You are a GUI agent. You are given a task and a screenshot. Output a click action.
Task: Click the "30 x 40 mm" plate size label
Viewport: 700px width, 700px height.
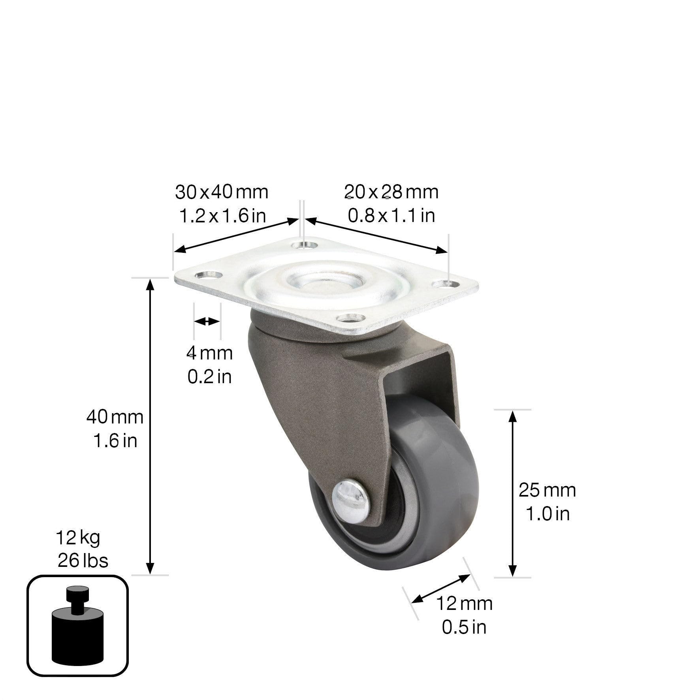click(222, 192)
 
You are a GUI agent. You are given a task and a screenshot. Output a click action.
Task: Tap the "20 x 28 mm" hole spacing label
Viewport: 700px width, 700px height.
click(391, 192)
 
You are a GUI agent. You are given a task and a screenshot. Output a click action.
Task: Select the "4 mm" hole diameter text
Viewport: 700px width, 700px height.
click(209, 353)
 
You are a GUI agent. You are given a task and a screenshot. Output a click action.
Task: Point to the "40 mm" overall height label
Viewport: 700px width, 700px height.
click(115, 417)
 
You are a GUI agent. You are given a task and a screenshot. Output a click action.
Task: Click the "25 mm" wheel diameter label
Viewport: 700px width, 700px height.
click(547, 490)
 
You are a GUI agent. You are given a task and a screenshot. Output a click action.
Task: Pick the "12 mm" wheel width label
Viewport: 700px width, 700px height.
click(464, 604)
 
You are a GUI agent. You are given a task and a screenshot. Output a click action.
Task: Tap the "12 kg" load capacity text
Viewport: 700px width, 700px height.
click(78, 537)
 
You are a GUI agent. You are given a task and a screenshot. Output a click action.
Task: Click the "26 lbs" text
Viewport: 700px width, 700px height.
click(83, 561)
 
